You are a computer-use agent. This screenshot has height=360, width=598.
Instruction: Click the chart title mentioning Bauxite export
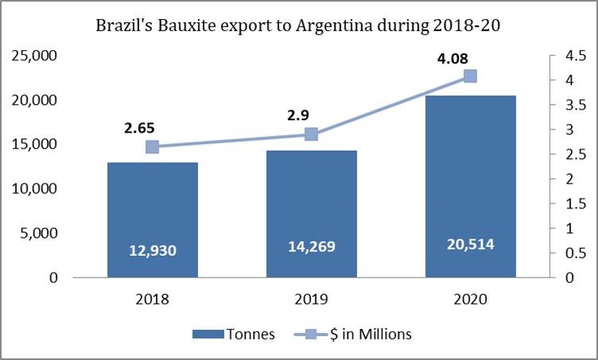[299, 25]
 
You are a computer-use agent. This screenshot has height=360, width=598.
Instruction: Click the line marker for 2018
[153, 146]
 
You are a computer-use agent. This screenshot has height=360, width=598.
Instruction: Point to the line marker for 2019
[311, 134]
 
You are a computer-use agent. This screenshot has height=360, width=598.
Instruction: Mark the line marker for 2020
[469, 76]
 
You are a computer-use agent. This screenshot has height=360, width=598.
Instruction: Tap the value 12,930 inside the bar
[153, 250]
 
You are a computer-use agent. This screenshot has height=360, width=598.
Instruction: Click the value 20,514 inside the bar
[469, 244]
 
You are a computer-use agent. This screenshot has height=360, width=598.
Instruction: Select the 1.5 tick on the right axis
[565, 203]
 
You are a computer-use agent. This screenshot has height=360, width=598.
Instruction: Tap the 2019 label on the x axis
[311, 300]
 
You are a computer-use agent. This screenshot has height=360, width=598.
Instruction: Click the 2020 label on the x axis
[469, 300]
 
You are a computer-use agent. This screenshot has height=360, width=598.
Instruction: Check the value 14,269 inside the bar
[311, 246]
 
